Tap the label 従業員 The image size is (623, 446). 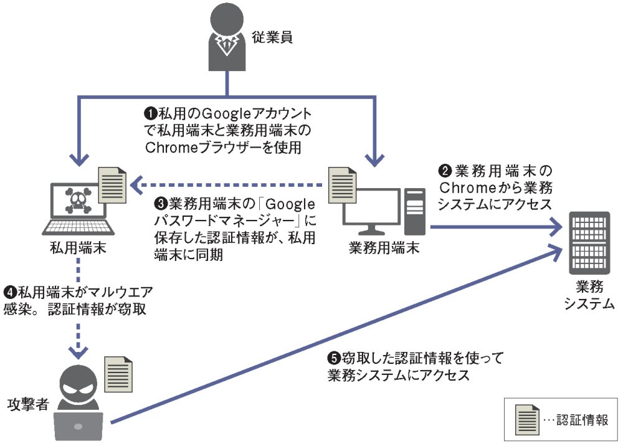click(272, 37)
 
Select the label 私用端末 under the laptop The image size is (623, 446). click(78, 248)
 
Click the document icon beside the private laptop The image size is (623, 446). click(112, 185)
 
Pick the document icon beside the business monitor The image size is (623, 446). click(342, 185)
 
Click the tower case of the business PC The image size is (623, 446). click(414, 211)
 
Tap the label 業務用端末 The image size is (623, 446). click(384, 248)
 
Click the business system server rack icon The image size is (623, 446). click(589, 243)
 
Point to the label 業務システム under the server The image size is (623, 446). click(589, 295)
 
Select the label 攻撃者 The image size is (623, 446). click(28, 404)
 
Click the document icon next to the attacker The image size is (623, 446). click(118, 374)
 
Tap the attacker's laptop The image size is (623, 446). click(78, 426)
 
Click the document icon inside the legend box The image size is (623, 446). click(527, 420)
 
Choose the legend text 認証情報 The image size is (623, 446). click(582, 420)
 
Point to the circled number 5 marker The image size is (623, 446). click(334, 358)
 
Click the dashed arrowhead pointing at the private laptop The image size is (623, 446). click(136, 185)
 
